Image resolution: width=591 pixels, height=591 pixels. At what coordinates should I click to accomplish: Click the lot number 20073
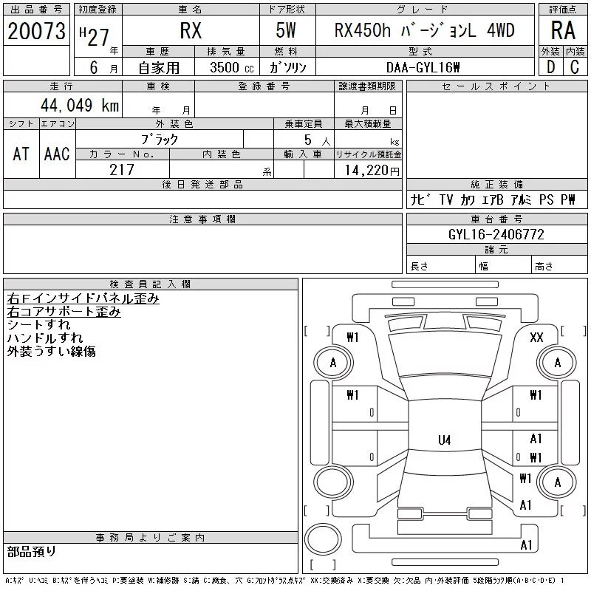pyautogui.click(x=36, y=31)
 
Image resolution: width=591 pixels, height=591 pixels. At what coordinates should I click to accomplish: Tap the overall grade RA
pyautogui.click(x=563, y=30)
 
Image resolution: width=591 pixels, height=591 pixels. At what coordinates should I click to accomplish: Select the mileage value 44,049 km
pyautogui.click(x=80, y=105)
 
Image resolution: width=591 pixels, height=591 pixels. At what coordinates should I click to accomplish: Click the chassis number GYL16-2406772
pyautogui.click(x=496, y=234)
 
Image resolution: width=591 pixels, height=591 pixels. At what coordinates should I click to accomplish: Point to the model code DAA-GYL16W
pyautogui.click(x=423, y=67)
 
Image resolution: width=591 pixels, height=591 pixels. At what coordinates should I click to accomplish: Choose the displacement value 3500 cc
pyautogui.click(x=232, y=68)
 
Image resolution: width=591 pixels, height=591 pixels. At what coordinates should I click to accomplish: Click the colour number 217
pyautogui.click(x=122, y=170)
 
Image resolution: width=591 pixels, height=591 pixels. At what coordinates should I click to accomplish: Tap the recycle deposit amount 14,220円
pyautogui.click(x=372, y=171)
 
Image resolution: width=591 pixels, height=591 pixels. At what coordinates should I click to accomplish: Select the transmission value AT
pyautogui.click(x=21, y=154)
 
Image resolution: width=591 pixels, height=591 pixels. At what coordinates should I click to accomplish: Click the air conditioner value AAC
pyautogui.click(x=57, y=154)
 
